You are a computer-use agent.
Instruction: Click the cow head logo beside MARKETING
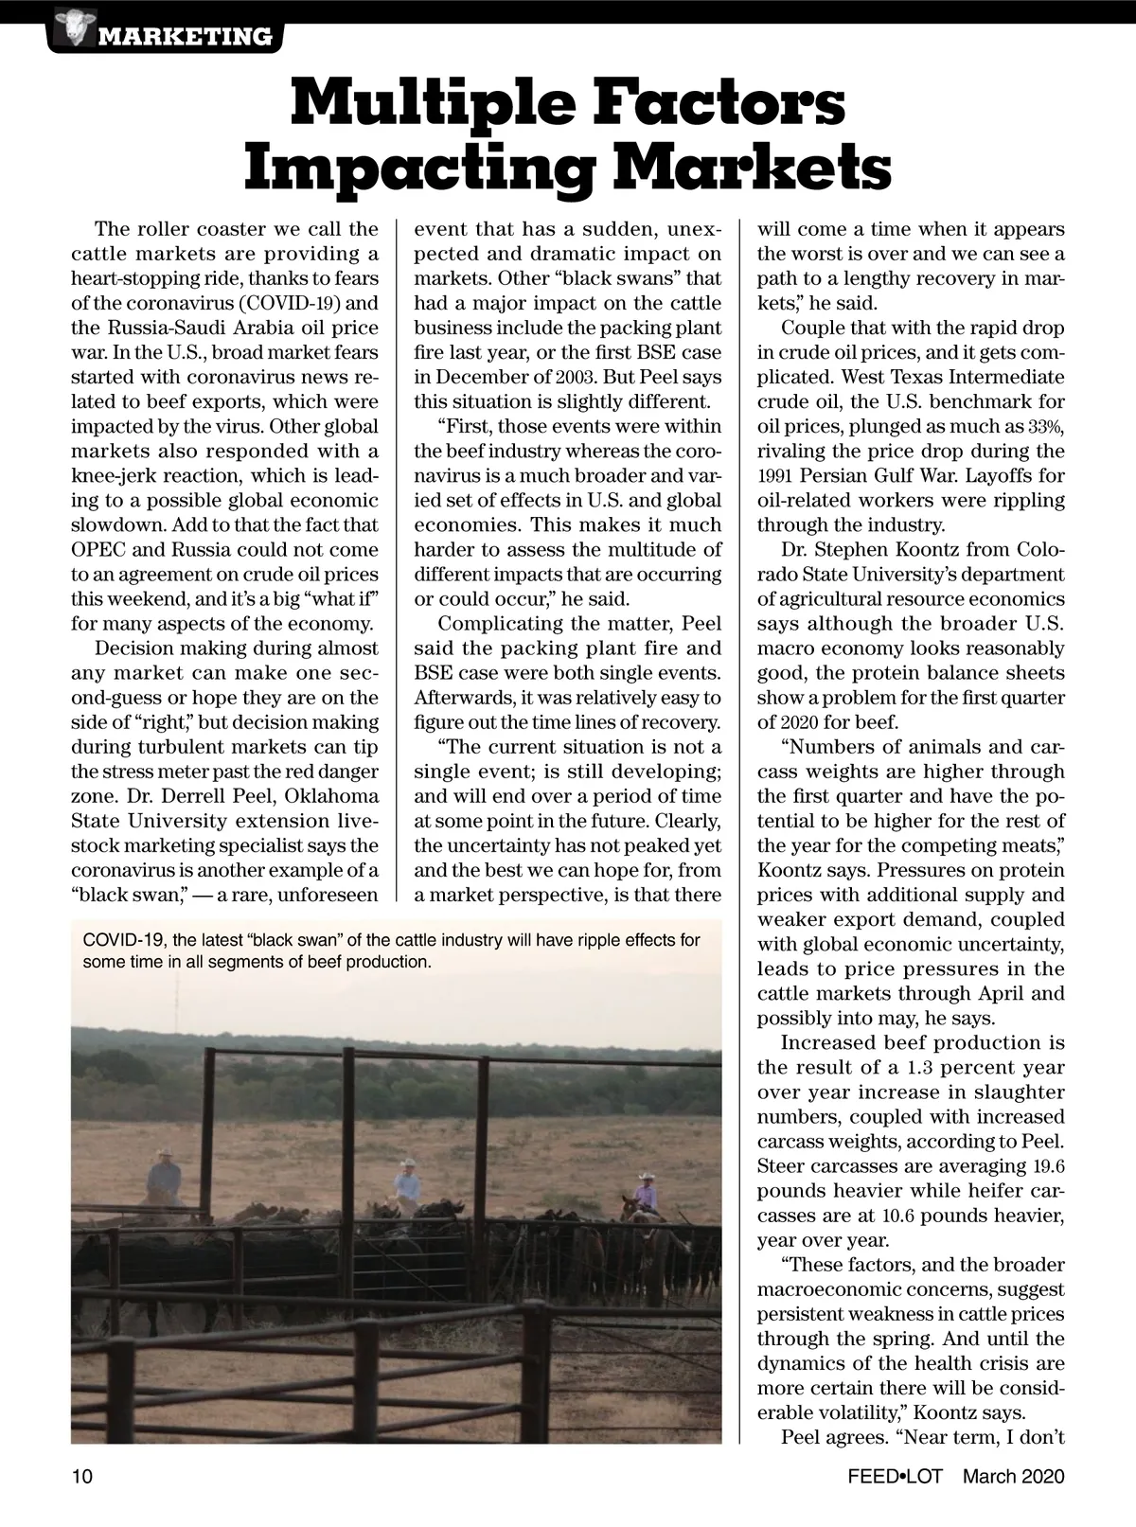coord(71,27)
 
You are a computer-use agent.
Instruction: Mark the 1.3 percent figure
coord(927,1067)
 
